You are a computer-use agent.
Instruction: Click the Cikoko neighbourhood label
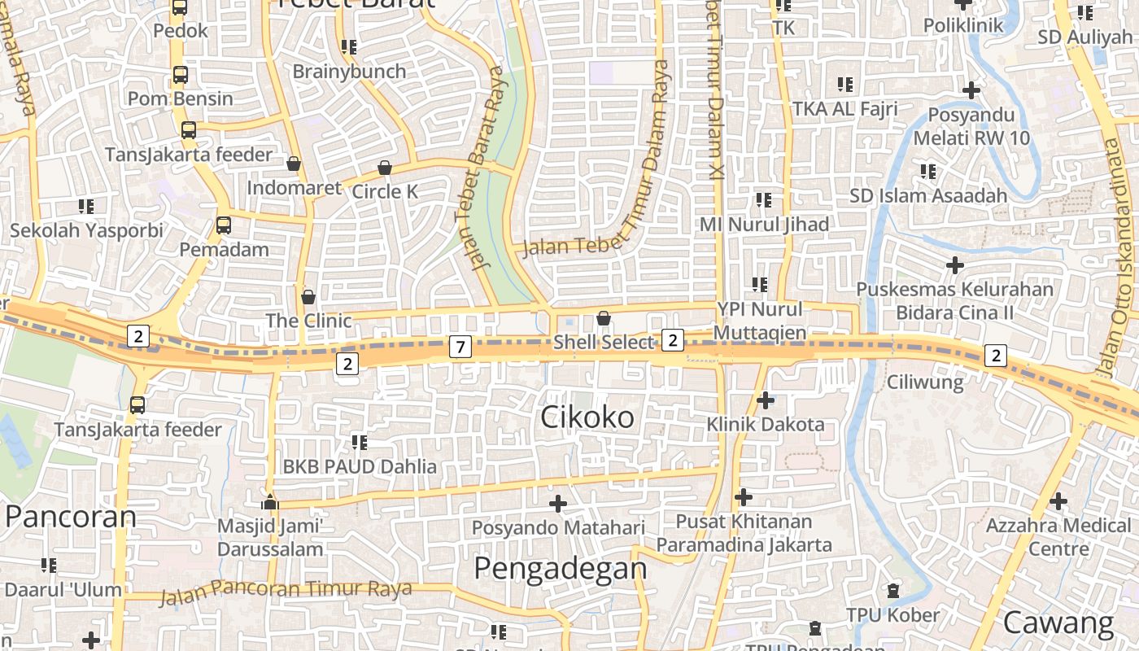pyautogui.click(x=587, y=417)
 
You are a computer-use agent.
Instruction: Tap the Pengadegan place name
pyautogui.click(x=561, y=568)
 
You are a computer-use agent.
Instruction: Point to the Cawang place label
pyautogui.click(x=1058, y=623)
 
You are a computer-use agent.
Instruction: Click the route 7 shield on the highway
pyautogui.click(x=460, y=347)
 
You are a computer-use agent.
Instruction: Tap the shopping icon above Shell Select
pyautogui.click(x=603, y=318)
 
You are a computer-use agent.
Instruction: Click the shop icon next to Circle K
pyautogui.click(x=385, y=168)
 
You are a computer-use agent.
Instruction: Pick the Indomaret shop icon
pyautogui.click(x=294, y=164)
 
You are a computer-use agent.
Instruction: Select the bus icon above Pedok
pyautogui.click(x=180, y=8)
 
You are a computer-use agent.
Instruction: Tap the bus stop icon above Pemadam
pyautogui.click(x=224, y=225)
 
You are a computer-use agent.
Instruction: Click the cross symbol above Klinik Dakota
pyautogui.click(x=765, y=400)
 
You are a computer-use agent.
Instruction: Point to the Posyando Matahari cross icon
pyautogui.click(x=557, y=505)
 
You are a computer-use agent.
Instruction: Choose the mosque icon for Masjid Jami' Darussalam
pyautogui.click(x=270, y=501)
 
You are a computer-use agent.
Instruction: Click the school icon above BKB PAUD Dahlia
pyautogui.click(x=359, y=443)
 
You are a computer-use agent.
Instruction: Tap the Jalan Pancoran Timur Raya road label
pyautogui.click(x=286, y=591)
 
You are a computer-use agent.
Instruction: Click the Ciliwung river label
pyautogui.click(x=925, y=382)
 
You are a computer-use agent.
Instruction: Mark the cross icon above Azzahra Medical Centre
pyautogui.click(x=1058, y=501)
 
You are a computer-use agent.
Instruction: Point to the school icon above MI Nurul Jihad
pyautogui.click(x=763, y=199)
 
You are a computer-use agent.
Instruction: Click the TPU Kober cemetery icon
pyautogui.click(x=892, y=590)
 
